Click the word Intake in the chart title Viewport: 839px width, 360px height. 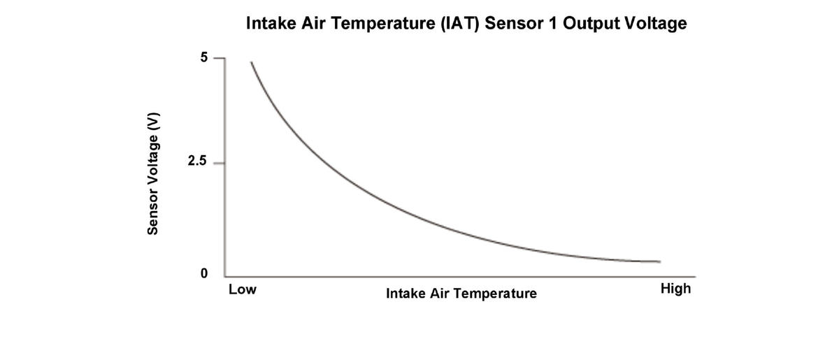tap(269, 24)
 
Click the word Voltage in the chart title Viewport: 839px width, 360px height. tap(656, 24)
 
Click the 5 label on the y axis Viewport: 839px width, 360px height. tap(203, 57)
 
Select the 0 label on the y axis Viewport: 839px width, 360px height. tap(203, 273)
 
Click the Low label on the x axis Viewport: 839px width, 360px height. tap(243, 289)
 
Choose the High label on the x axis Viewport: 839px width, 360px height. tap(675, 289)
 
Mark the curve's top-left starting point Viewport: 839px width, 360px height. tap(251, 62)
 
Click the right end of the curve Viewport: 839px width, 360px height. tap(659, 261)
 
